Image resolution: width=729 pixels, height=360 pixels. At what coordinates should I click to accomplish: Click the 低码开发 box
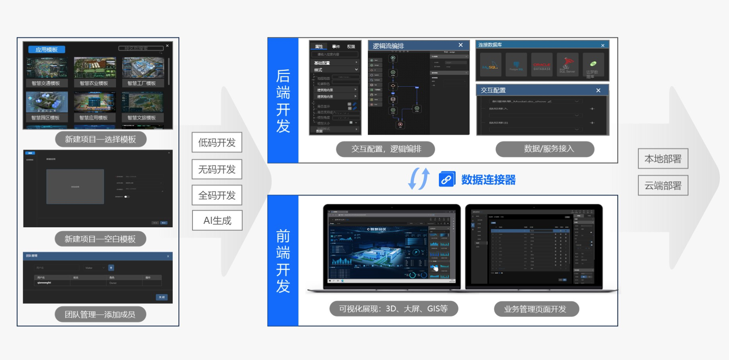(x=217, y=142)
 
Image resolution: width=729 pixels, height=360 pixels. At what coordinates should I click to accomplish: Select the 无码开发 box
(x=217, y=169)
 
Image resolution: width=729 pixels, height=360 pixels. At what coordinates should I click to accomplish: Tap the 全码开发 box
(x=217, y=195)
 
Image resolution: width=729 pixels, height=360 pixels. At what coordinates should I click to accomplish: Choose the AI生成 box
(x=217, y=221)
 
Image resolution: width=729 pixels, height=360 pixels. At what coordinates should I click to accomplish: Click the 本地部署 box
(x=663, y=158)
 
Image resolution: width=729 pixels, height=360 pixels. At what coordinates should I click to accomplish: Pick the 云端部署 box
(x=663, y=185)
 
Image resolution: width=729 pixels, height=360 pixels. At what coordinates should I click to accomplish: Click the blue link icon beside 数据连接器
(x=447, y=179)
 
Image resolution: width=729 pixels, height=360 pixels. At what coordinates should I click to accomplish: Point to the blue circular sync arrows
(x=419, y=179)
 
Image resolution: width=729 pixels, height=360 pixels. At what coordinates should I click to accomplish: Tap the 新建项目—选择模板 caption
(x=101, y=139)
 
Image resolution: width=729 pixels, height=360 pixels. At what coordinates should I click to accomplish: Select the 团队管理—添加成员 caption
(x=100, y=314)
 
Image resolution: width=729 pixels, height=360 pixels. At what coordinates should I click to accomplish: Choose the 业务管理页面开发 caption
(x=536, y=309)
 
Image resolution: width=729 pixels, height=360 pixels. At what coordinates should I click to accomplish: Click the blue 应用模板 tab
(x=46, y=50)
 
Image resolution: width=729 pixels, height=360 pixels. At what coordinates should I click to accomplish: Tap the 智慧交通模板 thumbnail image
(x=46, y=68)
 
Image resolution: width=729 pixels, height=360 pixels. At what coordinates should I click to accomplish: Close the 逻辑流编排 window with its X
(x=460, y=45)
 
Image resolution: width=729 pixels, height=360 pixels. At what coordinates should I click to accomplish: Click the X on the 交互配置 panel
(x=598, y=90)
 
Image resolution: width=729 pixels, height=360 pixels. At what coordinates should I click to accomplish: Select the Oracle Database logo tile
(x=542, y=65)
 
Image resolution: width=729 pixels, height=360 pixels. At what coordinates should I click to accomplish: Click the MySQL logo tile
(x=491, y=65)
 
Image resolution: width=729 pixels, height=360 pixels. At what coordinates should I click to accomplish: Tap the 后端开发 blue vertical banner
(x=283, y=100)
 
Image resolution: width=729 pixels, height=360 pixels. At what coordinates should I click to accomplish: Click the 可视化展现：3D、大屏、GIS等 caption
(x=393, y=309)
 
